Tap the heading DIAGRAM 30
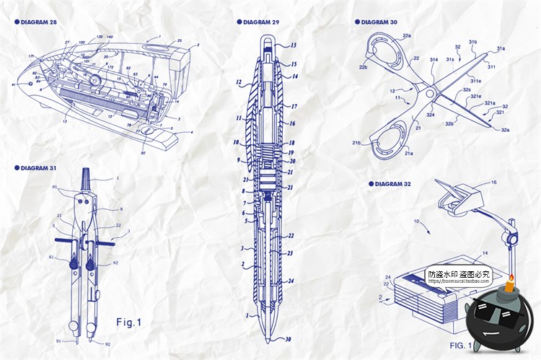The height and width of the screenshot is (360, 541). (x=377, y=22)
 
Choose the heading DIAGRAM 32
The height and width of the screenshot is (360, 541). (x=390, y=184)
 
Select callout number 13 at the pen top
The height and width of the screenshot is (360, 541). (x=293, y=45)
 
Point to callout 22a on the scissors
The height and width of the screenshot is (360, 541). (x=407, y=35)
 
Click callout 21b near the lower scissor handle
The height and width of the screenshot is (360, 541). (x=356, y=143)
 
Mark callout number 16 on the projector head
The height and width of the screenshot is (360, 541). (x=493, y=183)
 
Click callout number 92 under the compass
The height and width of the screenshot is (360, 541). (x=107, y=345)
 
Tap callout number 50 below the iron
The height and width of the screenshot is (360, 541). (x=143, y=153)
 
